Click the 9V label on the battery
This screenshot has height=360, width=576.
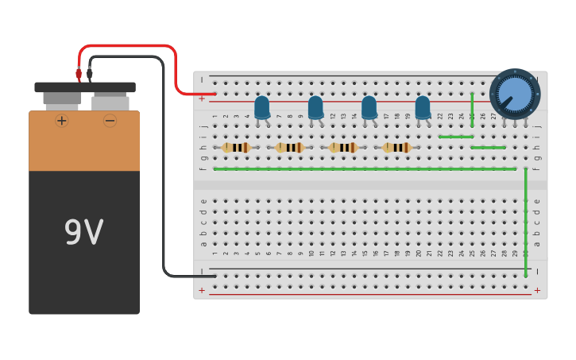(83, 233)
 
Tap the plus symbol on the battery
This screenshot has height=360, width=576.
(61, 121)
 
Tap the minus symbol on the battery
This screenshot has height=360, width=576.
(110, 121)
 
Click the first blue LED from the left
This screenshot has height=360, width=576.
(262, 107)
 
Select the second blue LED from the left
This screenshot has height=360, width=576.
(315, 107)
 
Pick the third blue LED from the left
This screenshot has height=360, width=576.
(369, 107)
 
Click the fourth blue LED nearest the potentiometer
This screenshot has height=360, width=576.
(423, 107)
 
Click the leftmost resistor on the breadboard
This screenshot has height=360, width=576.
(236, 147)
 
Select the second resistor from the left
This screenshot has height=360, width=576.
(290, 147)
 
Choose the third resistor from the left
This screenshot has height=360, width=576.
(343, 147)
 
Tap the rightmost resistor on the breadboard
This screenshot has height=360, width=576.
(396, 147)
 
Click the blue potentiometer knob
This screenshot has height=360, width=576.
(515, 95)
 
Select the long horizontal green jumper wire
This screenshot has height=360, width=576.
(365, 168)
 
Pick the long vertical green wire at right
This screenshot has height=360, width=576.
(525, 223)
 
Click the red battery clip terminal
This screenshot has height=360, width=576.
(79, 74)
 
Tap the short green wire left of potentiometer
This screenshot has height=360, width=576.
(455, 137)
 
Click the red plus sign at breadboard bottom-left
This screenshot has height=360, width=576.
(201, 291)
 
